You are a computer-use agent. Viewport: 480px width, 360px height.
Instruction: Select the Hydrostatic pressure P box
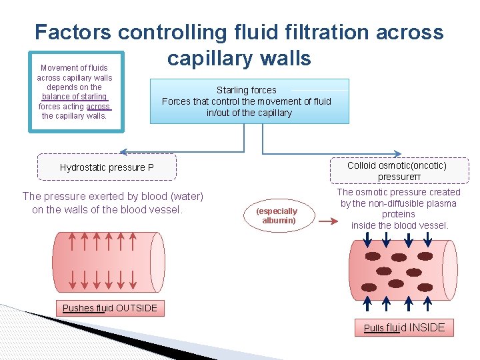pyautogui.click(x=107, y=167)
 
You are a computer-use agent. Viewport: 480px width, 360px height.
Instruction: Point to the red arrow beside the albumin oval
pyautogui.click(x=327, y=216)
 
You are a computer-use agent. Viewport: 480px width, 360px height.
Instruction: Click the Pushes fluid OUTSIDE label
pyautogui.click(x=110, y=308)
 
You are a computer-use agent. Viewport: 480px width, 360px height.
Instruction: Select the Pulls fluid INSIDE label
pyautogui.click(x=405, y=327)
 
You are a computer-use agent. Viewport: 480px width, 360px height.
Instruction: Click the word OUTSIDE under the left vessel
pyautogui.click(x=137, y=308)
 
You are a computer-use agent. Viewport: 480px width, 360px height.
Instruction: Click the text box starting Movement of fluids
pyautogui.click(x=75, y=91)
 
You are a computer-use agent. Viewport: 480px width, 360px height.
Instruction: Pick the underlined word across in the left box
pyautogui.click(x=98, y=106)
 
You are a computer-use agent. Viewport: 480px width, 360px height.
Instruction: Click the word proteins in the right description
pyautogui.click(x=399, y=214)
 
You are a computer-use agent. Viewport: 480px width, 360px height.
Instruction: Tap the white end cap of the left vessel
pyautogui.click(x=157, y=262)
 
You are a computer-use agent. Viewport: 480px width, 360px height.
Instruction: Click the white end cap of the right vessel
pyautogui.click(x=450, y=269)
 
